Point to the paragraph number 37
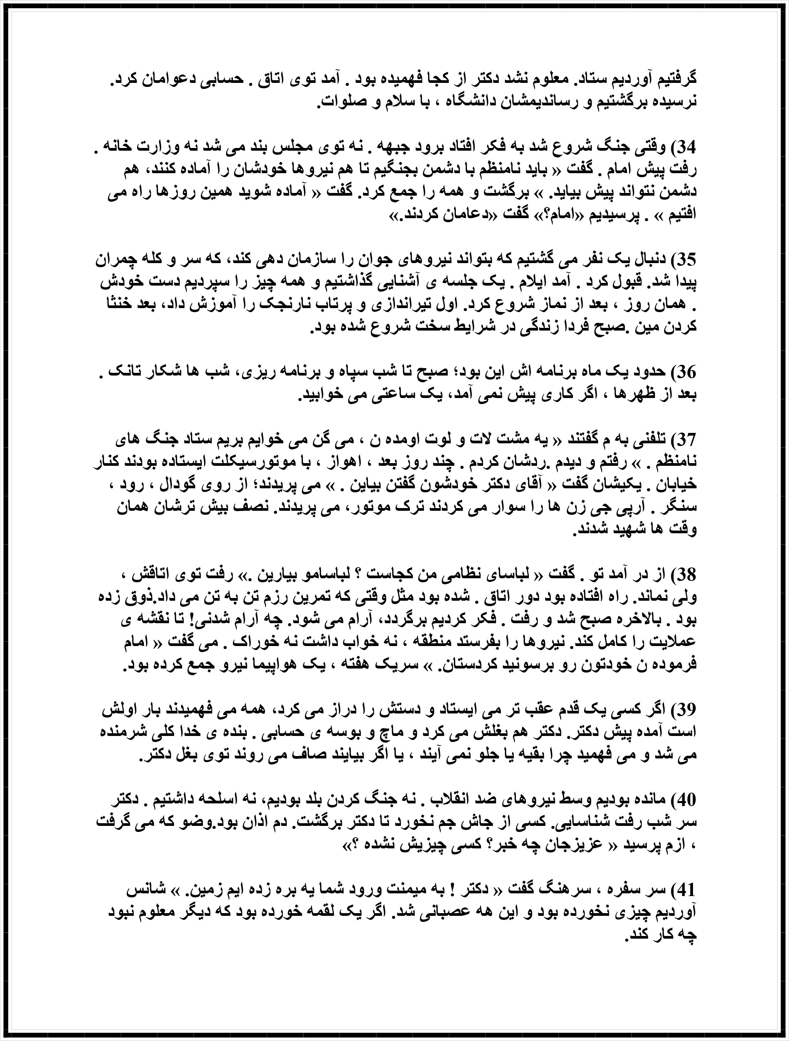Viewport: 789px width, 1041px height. click(x=685, y=440)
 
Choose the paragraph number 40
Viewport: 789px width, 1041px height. click(x=685, y=800)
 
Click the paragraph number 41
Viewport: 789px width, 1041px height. click(x=685, y=891)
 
